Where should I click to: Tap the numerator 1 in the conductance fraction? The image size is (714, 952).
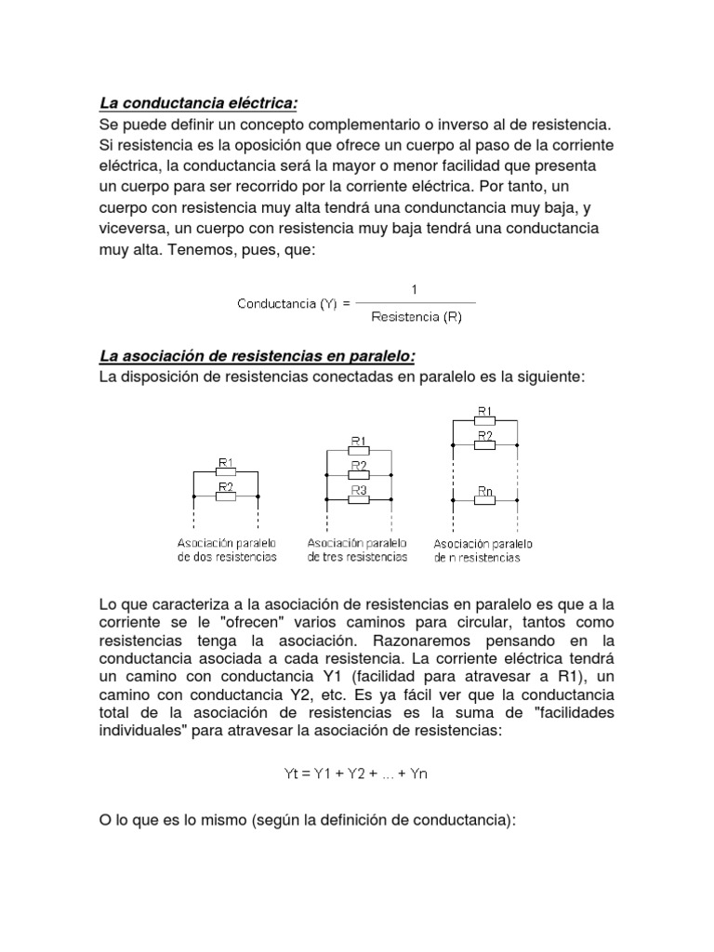pyautogui.click(x=415, y=290)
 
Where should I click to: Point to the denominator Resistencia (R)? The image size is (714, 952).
pyautogui.click(x=416, y=317)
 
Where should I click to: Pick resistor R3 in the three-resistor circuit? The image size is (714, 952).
pyautogui.click(x=359, y=499)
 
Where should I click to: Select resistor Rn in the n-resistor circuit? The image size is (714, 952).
pyautogui.click(x=485, y=499)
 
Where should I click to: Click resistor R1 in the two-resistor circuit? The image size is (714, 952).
pyautogui.click(x=225, y=472)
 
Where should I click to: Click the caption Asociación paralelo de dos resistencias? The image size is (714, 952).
pyautogui.click(x=226, y=549)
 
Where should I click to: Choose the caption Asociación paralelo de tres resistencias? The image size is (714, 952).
pyautogui.click(x=358, y=549)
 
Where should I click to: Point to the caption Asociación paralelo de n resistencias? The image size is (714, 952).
pyautogui.click(x=483, y=550)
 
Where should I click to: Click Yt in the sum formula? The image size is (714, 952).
pyautogui.click(x=292, y=773)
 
